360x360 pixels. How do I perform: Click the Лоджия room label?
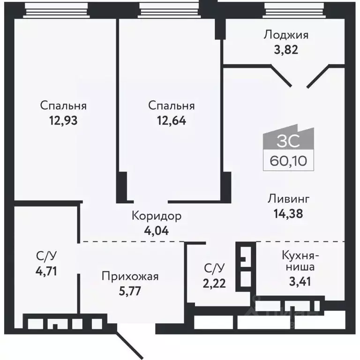(x=286, y=34)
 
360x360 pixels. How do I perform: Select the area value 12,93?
(x=63, y=120)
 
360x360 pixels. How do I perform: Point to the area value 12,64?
(x=171, y=120)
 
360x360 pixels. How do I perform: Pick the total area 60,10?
(x=288, y=161)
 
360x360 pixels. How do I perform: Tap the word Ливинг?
(x=288, y=199)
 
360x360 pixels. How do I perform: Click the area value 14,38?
(x=288, y=214)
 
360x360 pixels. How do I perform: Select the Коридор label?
(x=156, y=216)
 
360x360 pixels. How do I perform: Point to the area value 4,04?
(x=156, y=230)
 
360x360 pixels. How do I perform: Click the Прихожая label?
(x=130, y=276)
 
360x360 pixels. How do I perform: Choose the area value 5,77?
(x=130, y=290)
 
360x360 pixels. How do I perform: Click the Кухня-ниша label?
(x=300, y=262)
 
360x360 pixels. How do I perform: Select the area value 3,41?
(x=300, y=282)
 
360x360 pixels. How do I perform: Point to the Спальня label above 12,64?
(x=171, y=106)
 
